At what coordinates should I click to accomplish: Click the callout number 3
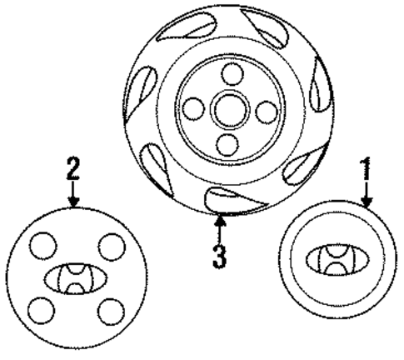[x=219, y=253]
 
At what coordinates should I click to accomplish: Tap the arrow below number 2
[x=73, y=197]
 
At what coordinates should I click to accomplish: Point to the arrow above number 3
[x=219, y=227]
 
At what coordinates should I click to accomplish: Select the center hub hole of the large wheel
[x=227, y=108]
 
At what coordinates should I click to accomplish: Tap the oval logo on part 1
[x=332, y=258]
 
